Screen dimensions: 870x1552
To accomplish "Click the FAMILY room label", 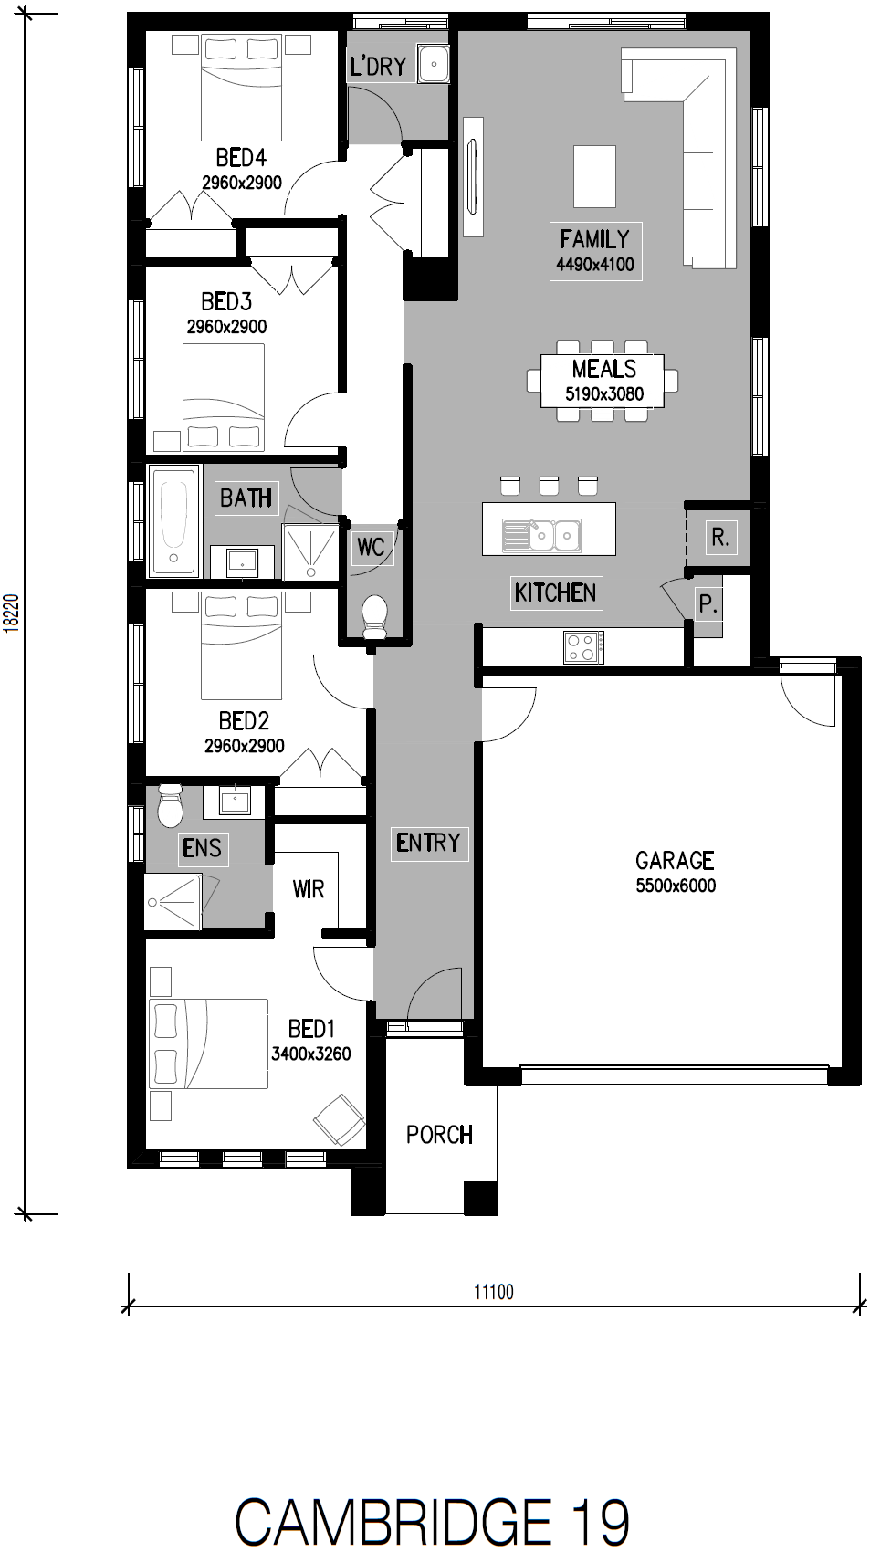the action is (x=594, y=239).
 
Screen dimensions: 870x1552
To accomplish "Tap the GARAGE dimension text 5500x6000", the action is (x=676, y=886).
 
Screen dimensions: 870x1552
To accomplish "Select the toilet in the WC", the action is (x=375, y=616).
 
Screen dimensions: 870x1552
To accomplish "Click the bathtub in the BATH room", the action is (x=173, y=519).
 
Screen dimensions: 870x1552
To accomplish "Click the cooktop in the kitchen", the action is (x=583, y=647).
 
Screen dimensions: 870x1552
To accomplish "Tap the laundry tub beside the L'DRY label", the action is (x=433, y=65).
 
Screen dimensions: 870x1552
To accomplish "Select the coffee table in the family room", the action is (x=594, y=176).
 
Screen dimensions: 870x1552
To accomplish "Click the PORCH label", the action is (x=439, y=1135).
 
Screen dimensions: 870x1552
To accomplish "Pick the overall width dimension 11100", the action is (x=494, y=1292).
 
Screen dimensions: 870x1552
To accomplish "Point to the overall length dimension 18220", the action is (x=11, y=613).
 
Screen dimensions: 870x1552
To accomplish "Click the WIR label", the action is (x=309, y=889).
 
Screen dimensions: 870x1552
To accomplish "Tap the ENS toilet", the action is (x=171, y=805).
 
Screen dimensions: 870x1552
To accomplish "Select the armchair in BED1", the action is (x=340, y=1119).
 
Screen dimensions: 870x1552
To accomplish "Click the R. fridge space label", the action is (x=720, y=537).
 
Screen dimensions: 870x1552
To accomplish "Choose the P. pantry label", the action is (x=708, y=604).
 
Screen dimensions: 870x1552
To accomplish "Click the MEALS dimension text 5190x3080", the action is (x=604, y=394).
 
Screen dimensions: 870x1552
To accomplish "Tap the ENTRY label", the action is (x=428, y=843).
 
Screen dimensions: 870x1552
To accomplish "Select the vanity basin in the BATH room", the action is (x=243, y=561).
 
